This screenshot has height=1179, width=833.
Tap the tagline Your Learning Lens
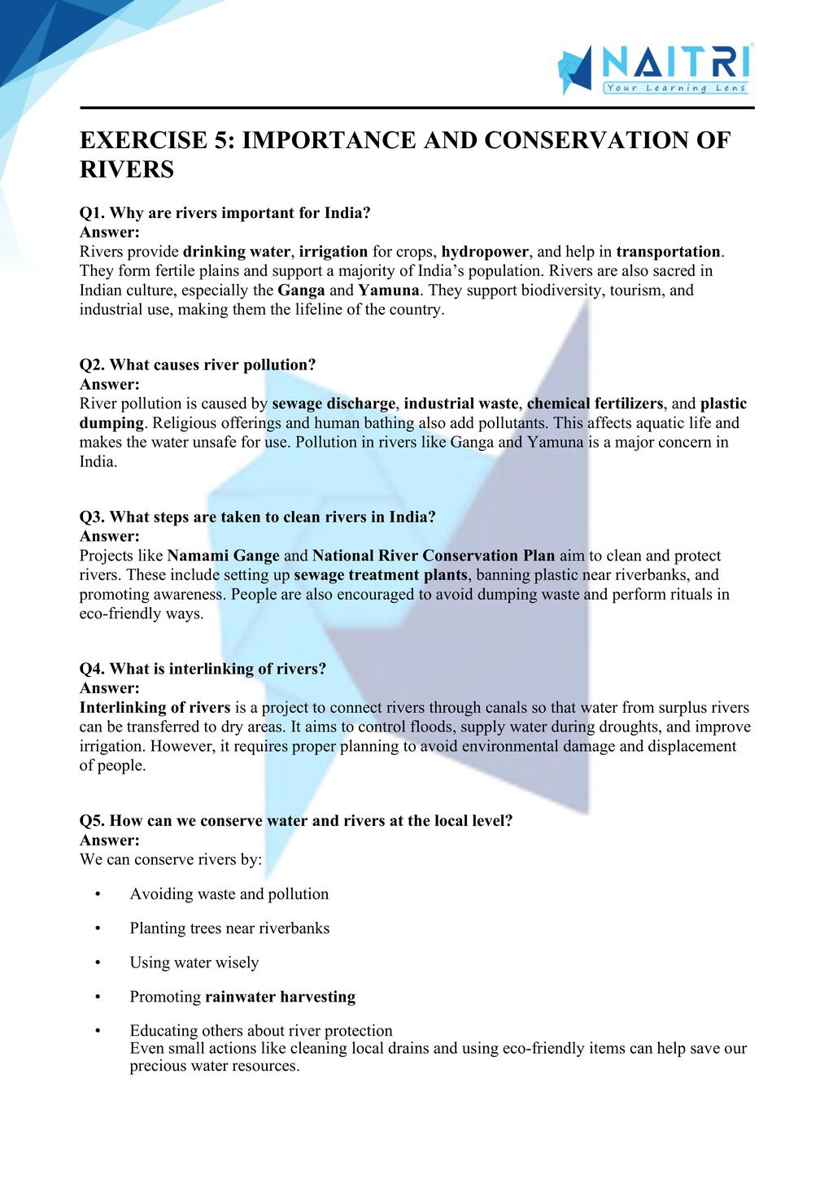point(675,88)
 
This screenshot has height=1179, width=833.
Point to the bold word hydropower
point(485,251)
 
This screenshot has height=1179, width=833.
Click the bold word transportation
point(668,251)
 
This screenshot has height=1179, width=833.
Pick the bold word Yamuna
point(389,290)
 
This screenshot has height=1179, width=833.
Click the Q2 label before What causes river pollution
point(92,365)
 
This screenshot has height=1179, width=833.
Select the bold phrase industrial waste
point(460,404)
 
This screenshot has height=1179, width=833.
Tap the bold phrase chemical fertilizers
point(595,404)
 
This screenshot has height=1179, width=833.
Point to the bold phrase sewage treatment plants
point(381,574)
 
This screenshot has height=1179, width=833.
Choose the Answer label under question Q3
point(109,536)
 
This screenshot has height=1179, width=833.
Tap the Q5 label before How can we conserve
point(92,820)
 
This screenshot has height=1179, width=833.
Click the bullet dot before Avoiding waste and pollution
point(98,894)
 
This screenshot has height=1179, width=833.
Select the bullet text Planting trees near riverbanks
point(229,928)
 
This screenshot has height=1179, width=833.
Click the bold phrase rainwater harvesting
point(280,997)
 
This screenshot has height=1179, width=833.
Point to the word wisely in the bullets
point(237,963)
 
